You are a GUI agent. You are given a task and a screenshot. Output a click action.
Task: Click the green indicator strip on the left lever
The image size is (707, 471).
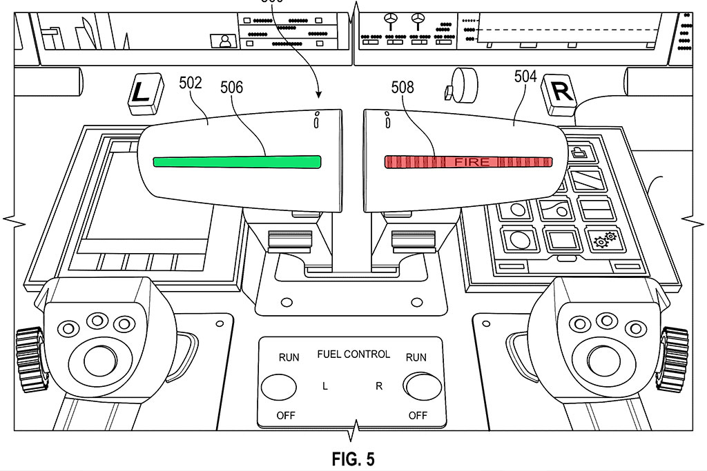click(237, 161)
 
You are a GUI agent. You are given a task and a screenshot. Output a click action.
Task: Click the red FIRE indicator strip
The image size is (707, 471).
click(469, 161)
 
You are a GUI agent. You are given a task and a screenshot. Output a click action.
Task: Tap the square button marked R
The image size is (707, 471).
click(561, 93)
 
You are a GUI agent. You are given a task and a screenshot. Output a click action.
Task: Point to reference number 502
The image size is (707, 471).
click(191, 83)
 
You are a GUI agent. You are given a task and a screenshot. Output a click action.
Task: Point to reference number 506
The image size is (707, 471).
click(232, 87)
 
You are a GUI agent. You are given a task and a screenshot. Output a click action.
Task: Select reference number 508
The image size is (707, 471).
click(403, 87)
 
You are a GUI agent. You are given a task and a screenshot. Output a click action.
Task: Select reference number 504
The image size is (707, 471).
click(525, 77)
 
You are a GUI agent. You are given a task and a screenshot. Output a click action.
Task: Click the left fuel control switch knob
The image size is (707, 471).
click(278, 386)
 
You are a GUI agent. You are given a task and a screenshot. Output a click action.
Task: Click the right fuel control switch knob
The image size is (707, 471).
click(422, 386)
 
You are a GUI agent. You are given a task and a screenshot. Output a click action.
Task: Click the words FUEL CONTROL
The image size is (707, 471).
click(353, 354)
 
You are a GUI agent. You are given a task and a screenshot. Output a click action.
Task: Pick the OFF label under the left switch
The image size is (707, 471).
click(287, 415)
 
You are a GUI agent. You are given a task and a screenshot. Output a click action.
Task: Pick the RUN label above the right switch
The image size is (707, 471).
click(416, 357)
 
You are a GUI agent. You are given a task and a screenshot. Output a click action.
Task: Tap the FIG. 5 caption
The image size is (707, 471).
click(353, 459)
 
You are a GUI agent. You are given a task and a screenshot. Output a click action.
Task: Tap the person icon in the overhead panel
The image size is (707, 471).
click(224, 41)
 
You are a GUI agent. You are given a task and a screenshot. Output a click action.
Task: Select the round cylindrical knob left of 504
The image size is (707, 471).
click(463, 86)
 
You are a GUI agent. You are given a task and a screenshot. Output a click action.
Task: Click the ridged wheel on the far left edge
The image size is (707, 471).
click(28, 359)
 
